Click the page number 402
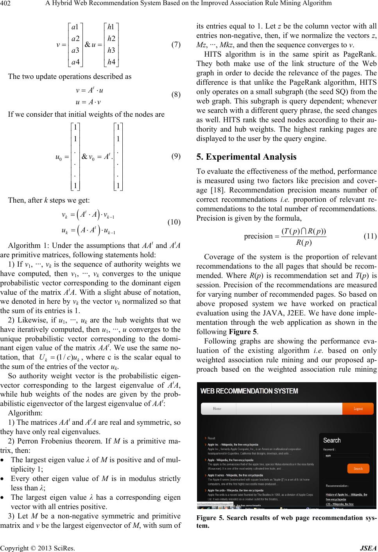[x=7, y=4]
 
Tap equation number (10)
[x=174, y=222]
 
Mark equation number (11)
[x=370, y=236]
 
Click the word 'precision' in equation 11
[x=258, y=236]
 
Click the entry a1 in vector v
[x=75, y=27]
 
